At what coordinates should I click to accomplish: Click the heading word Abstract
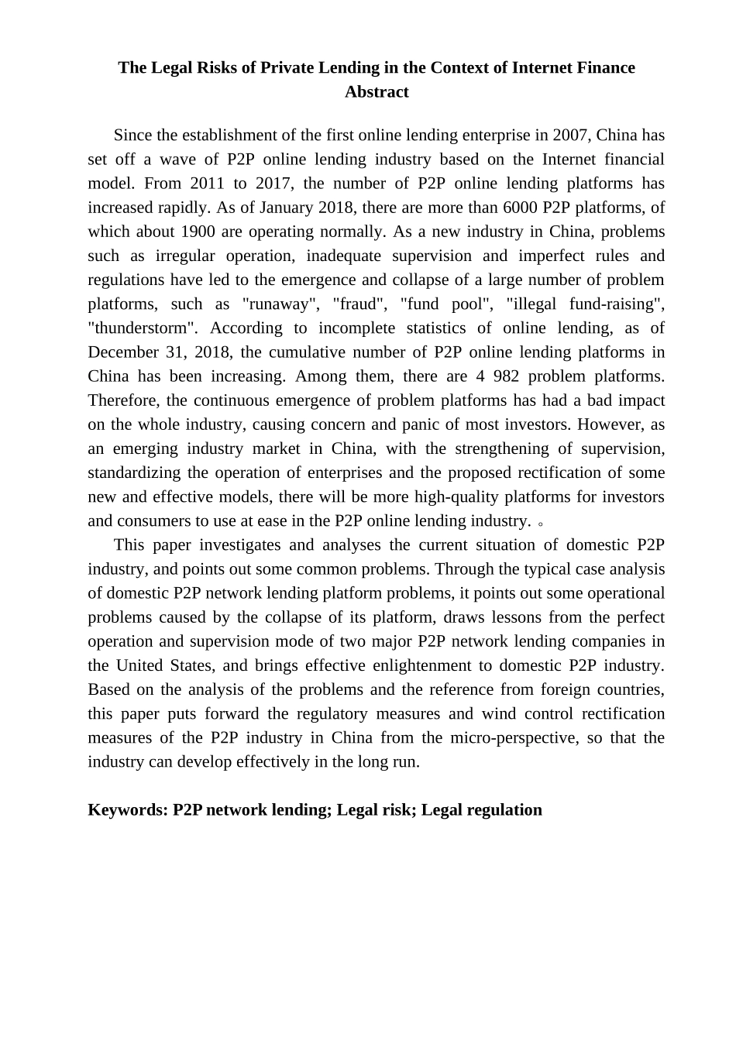[x=377, y=92]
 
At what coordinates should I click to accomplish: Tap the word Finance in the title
[x=606, y=68]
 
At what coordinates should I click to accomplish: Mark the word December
[x=122, y=352]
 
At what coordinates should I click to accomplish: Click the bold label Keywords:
[x=128, y=810]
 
